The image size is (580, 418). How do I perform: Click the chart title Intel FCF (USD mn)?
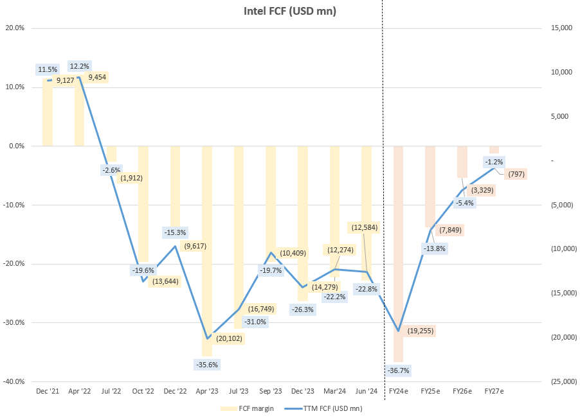click(x=289, y=11)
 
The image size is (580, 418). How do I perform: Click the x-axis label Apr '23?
click(x=206, y=391)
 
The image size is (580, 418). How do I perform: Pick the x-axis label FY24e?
click(x=398, y=391)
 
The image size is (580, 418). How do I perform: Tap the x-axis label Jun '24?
click(x=366, y=391)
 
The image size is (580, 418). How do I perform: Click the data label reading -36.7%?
click(x=398, y=370)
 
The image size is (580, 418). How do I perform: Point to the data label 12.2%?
click(x=80, y=65)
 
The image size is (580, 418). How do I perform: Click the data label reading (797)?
click(x=516, y=174)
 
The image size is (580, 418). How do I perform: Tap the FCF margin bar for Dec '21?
click(x=47, y=112)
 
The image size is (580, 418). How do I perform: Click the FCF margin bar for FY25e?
click(x=430, y=186)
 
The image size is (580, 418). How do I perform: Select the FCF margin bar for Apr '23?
click(x=206, y=250)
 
